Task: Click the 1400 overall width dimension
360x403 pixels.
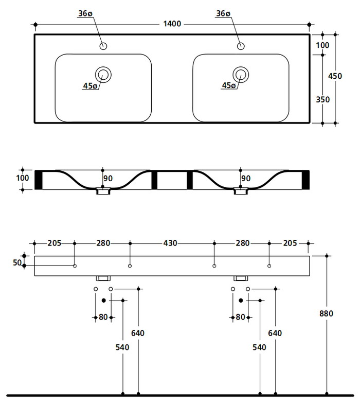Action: point(172,24)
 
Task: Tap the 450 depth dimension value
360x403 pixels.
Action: point(335,76)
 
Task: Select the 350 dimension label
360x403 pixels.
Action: point(322,99)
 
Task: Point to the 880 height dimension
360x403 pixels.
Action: point(327,313)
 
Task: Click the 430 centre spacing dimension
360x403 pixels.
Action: point(172,243)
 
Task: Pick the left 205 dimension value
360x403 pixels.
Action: point(54,243)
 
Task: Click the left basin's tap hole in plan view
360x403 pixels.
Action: point(103,46)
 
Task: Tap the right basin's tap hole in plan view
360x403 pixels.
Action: point(241,46)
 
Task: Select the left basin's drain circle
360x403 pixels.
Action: point(103,74)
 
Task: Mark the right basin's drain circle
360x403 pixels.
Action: point(241,74)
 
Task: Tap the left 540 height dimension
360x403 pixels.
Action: point(122,347)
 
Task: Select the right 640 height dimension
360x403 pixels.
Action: point(275,333)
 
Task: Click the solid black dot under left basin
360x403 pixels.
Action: point(103,300)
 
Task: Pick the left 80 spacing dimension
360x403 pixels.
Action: point(103,317)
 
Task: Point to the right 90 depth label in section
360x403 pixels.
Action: point(246,179)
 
